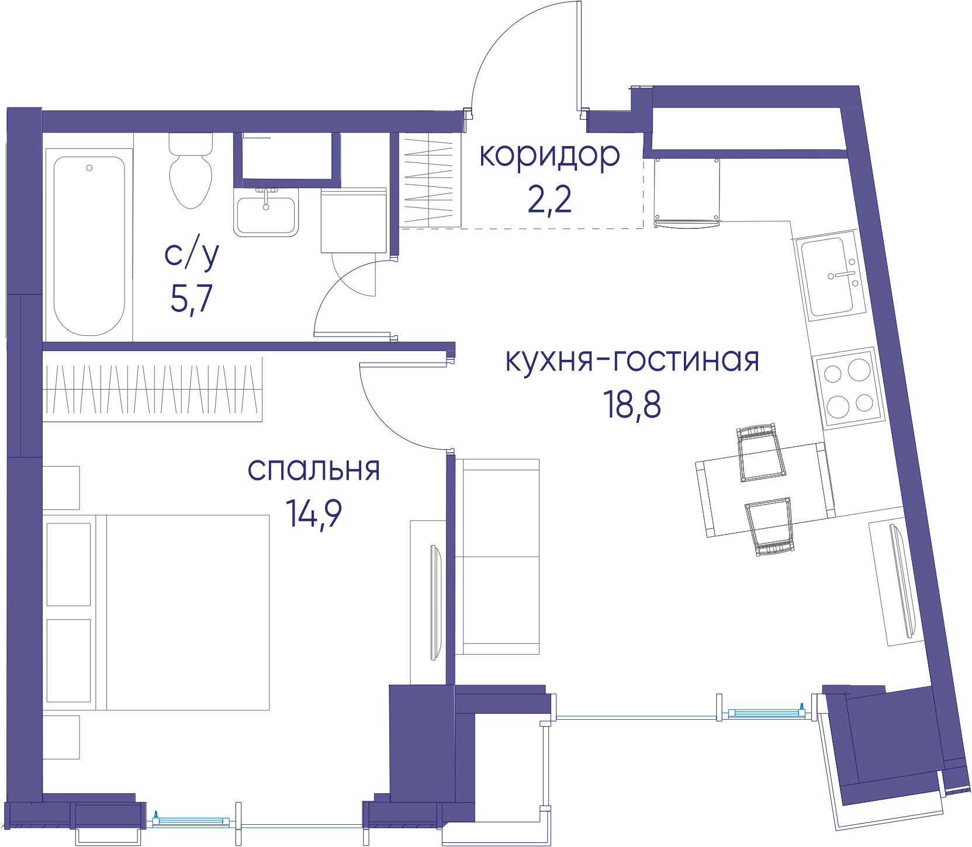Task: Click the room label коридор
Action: [x=549, y=156]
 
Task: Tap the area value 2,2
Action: [x=549, y=200]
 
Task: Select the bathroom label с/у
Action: [x=192, y=253]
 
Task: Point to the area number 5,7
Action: [x=191, y=298]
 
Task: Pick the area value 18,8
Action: [x=632, y=404]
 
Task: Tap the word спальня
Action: [x=314, y=469]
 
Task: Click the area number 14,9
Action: [x=314, y=513]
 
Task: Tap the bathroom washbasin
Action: [x=266, y=212]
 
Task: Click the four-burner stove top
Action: [x=849, y=388]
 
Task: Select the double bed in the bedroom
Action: [x=157, y=612]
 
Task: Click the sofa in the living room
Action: [x=497, y=557]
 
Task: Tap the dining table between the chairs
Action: [x=765, y=490]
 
